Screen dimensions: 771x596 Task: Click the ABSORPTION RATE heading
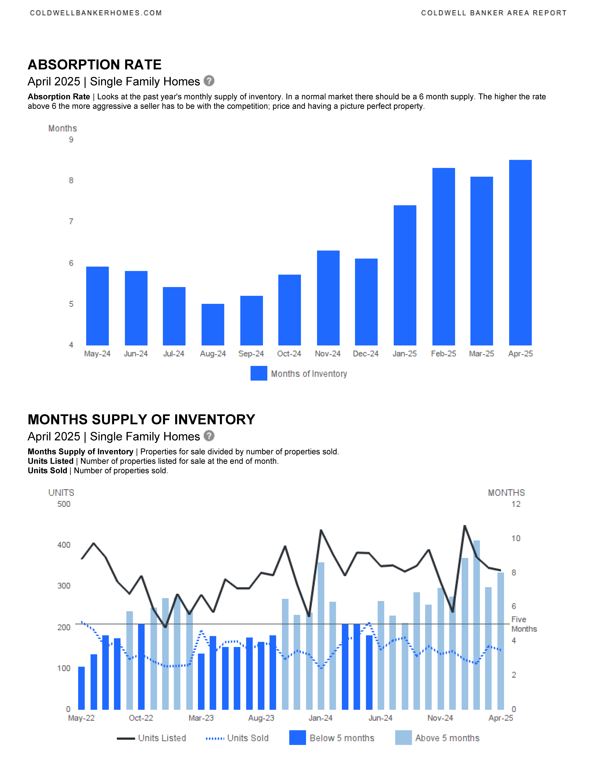coord(95,65)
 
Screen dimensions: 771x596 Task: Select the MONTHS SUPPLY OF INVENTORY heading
coord(141,420)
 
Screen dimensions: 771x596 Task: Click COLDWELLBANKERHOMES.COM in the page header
coord(96,13)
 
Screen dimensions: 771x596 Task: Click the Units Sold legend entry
coord(237,738)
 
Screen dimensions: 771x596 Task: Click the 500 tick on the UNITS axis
coord(64,504)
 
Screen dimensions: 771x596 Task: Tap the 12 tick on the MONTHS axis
coord(516,504)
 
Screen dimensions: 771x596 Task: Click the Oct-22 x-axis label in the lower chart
coord(141,718)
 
